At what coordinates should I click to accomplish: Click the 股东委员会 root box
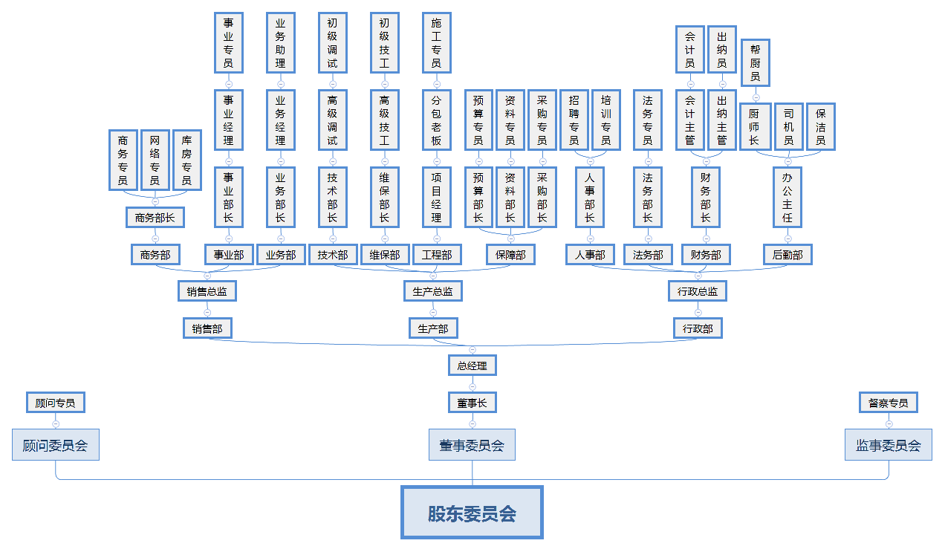(472, 513)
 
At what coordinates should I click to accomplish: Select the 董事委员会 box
(472, 445)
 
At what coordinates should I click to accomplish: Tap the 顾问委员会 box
(56, 445)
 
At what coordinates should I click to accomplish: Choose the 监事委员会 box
(888, 445)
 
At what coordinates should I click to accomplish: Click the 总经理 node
(472, 366)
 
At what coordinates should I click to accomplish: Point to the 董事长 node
(472, 403)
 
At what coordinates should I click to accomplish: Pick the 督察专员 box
(888, 403)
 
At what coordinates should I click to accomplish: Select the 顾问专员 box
(56, 403)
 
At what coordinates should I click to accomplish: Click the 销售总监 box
(207, 291)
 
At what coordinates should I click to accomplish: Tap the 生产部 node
(433, 328)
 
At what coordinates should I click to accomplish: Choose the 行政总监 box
(698, 291)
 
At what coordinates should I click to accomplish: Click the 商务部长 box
(155, 218)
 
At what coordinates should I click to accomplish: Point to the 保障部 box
(510, 255)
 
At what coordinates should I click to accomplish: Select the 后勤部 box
(787, 255)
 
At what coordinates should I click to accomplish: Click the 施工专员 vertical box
(436, 43)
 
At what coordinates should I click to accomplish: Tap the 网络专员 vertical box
(155, 160)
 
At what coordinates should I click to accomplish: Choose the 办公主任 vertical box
(787, 198)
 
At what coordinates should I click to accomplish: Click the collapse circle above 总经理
(472, 349)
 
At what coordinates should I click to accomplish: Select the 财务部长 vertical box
(706, 198)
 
